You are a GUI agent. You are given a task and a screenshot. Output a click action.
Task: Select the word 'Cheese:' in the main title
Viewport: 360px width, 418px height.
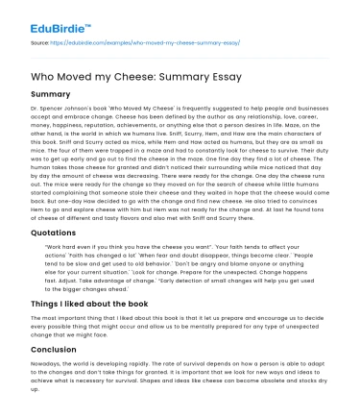(164, 76)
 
